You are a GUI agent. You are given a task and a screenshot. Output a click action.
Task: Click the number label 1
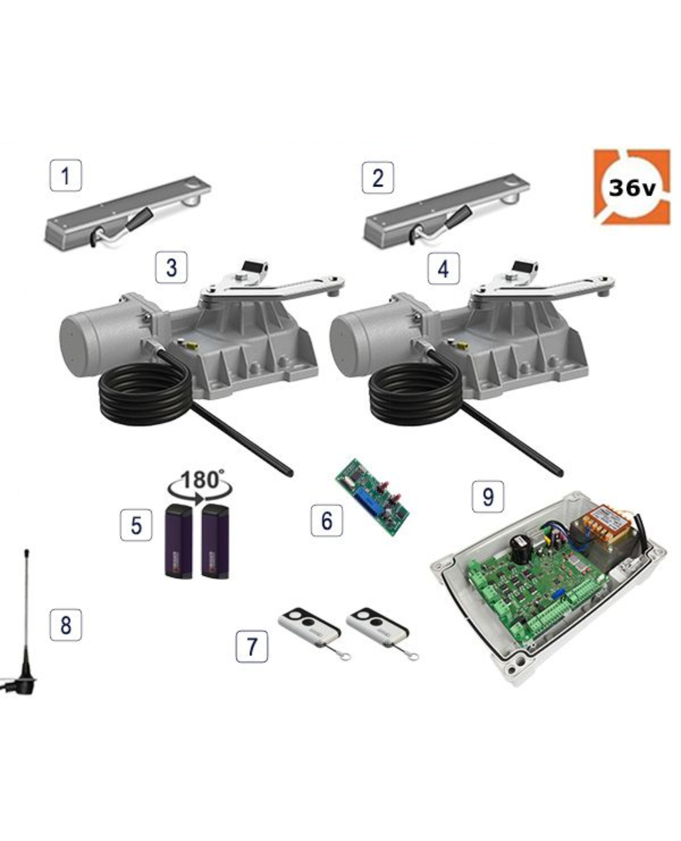(x=66, y=175)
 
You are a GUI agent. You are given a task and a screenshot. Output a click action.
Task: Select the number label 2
(x=378, y=178)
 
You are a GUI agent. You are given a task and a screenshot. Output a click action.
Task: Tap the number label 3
(x=171, y=267)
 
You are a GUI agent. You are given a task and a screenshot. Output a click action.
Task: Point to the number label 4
(x=444, y=268)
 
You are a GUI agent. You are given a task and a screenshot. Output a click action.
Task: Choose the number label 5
(x=136, y=525)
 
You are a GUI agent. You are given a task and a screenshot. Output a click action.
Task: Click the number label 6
(x=327, y=520)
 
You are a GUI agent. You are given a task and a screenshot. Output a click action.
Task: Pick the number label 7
(x=252, y=646)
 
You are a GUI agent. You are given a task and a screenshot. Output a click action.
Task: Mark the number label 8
(x=66, y=625)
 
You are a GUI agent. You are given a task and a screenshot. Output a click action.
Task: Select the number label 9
(x=488, y=496)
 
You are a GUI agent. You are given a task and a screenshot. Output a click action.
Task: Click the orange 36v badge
(x=632, y=187)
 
